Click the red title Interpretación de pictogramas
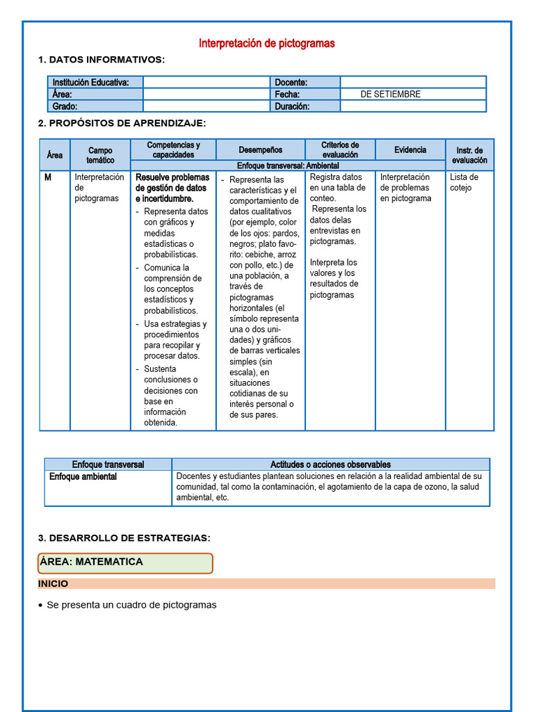click(266, 43)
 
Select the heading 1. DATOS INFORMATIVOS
click(102, 60)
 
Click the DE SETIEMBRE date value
click(390, 94)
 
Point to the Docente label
click(291, 82)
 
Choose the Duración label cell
click(292, 106)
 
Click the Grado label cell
click(65, 106)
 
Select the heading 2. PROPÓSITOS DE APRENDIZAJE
click(122, 123)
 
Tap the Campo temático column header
click(100, 155)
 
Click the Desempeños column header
click(260, 149)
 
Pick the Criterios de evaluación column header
click(339, 149)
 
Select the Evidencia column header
click(410, 149)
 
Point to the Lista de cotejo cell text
click(464, 182)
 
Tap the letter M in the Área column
click(48, 177)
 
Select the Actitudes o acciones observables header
click(330, 464)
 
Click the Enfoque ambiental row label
click(83, 477)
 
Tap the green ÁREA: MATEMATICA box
click(125, 563)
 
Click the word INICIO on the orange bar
click(53, 584)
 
